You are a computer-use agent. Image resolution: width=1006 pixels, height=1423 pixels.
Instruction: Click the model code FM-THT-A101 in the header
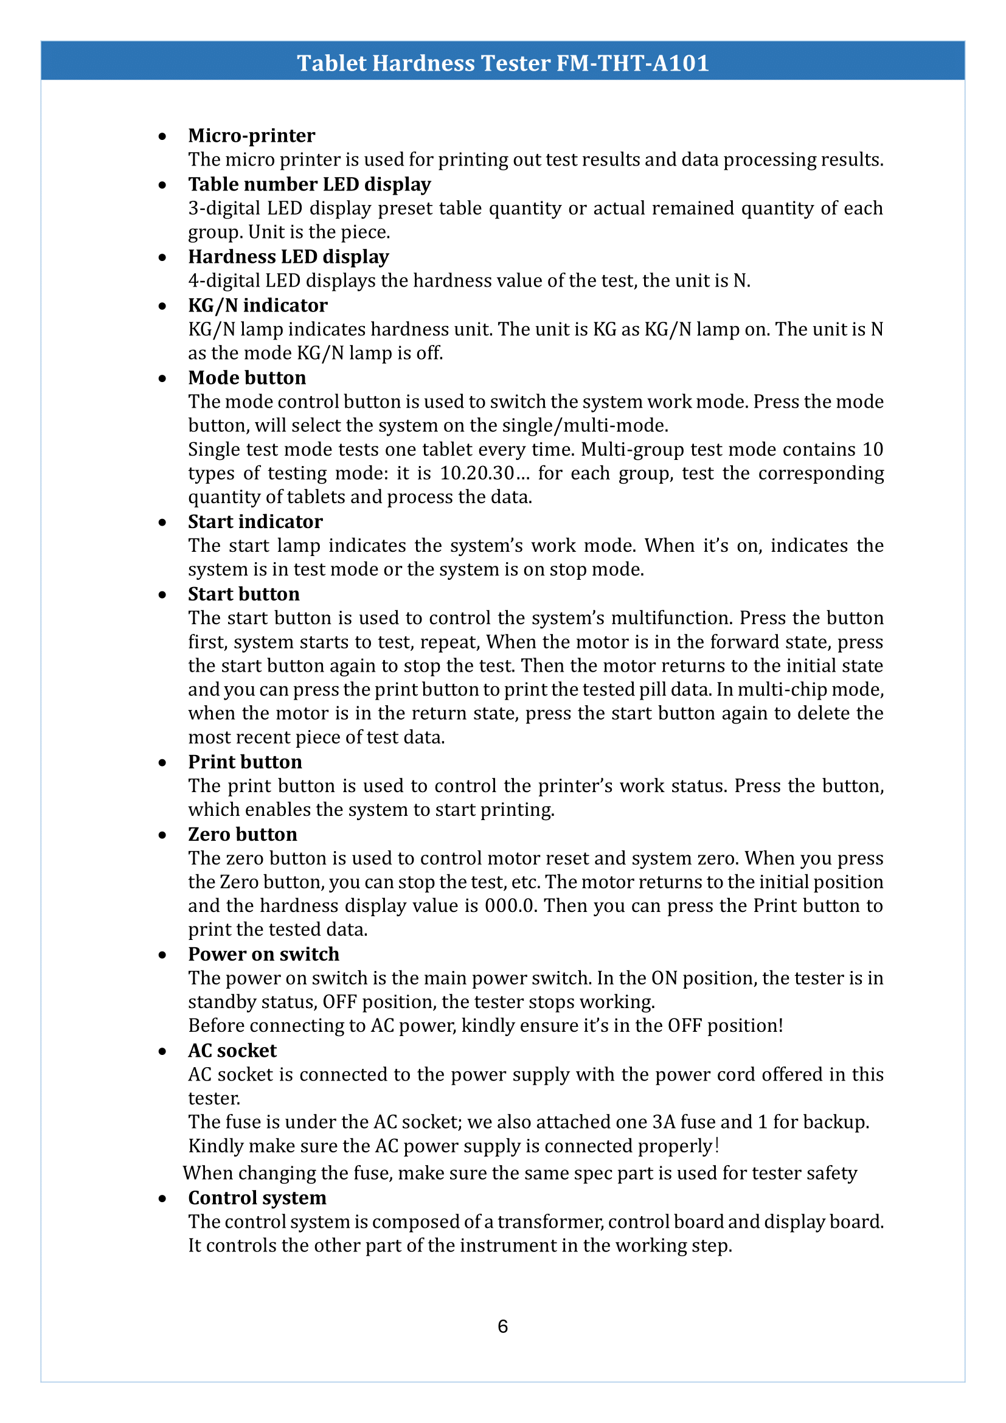click(x=633, y=63)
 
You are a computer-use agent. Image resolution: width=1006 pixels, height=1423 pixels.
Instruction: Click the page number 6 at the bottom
click(x=502, y=1326)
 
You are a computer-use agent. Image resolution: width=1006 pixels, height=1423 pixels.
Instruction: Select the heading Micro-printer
click(x=252, y=135)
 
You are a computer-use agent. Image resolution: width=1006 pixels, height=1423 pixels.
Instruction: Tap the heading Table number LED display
click(x=309, y=184)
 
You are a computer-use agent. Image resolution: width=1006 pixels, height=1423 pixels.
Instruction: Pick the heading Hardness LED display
click(x=288, y=257)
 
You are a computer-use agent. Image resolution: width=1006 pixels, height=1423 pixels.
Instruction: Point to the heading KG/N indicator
click(x=258, y=305)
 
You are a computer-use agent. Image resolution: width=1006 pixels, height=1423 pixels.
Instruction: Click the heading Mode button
click(x=246, y=377)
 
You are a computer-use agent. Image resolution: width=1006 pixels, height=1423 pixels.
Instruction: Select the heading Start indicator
click(x=255, y=521)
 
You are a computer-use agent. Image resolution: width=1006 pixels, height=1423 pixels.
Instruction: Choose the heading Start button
click(x=243, y=594)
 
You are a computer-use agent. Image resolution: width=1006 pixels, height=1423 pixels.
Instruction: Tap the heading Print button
click(x=245, y=762)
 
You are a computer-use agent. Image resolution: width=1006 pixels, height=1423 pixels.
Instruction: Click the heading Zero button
click(x=242, y=834)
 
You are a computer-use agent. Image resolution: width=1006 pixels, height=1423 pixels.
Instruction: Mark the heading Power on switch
click(x=263, y=954)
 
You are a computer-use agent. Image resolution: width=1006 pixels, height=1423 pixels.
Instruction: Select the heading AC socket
click(x=232, y=1051)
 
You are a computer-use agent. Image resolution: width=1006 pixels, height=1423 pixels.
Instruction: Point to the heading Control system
click(x=257, y=1198)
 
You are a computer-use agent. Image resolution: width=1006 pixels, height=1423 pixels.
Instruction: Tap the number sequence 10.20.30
click(x=476, y=473)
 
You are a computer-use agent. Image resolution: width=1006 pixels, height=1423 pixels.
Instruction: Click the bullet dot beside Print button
click(x=162, y=763)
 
